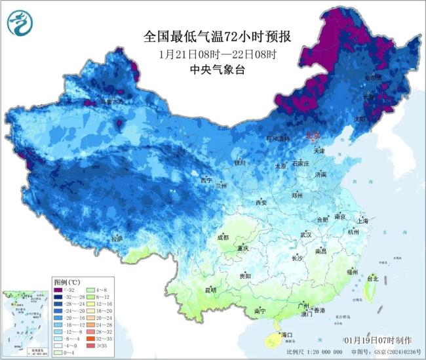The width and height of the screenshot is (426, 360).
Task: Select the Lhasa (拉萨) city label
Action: click(x=117, y=239)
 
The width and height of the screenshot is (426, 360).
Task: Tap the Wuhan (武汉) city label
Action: click(x=305, y=234)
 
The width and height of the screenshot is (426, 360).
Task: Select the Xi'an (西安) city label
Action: click(x=262, y=203)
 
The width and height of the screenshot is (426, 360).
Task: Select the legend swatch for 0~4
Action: click(x=58, y=353)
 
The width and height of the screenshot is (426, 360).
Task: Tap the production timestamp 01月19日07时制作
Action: click(x=378, y=341)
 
